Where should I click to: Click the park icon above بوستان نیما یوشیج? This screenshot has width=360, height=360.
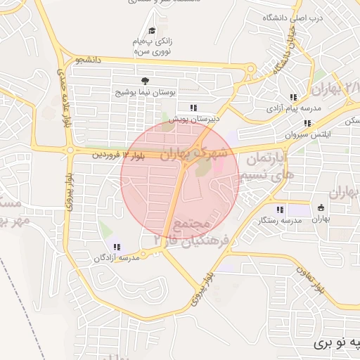(x=145, y=81)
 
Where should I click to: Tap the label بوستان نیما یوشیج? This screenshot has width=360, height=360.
(x=149, y=92)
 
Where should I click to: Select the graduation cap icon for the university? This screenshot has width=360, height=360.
(x=151, y=30)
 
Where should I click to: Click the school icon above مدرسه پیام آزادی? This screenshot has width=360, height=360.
(x=292, y=97)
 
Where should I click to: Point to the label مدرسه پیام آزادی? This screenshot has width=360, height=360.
(x=294, y=109)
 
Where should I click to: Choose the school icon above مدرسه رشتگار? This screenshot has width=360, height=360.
(x=280, y=210)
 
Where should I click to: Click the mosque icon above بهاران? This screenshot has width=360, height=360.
(x=321, y=208)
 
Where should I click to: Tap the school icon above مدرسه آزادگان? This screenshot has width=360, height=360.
(x=117, y=247)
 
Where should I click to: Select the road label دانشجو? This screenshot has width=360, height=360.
(x=89, y=60)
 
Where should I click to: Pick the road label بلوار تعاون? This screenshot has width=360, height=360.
(x=311, y=278)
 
